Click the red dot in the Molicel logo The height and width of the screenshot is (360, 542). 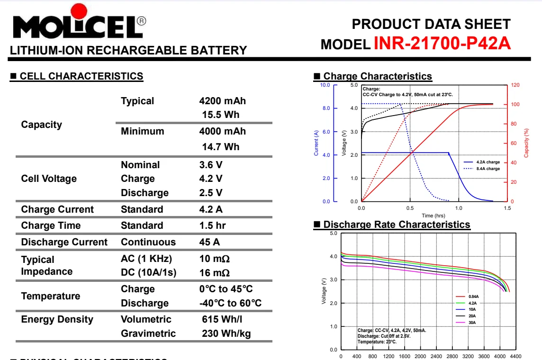tap(79, 11)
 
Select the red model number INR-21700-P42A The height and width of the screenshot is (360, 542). tap(442, 43)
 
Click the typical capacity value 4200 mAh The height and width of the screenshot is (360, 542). tap(222, 101)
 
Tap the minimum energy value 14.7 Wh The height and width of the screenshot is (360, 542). tap(220, 147)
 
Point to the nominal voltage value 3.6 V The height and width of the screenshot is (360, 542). tap(210, 165)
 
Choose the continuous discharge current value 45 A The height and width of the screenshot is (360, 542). tap(209, 242)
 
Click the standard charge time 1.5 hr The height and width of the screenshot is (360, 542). tap(212, 225)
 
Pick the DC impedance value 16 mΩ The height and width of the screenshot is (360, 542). tap(214, 273)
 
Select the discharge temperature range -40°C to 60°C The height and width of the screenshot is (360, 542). tap(230, 303)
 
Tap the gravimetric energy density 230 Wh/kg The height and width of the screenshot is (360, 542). tap(226, 333)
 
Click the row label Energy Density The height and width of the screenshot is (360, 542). tap(57, 320)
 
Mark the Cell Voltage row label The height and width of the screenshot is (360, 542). tap(49, 179)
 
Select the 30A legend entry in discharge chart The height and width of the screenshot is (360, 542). tap(466, 323)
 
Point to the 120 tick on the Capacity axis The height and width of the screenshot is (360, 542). tap(515, 85)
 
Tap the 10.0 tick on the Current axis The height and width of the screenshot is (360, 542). tap(325, 85)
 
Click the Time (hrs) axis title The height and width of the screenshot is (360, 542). tap(434, 216)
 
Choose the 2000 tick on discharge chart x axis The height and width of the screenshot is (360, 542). tap(420, 356)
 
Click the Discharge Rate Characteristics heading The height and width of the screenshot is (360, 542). tap(397, 225)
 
